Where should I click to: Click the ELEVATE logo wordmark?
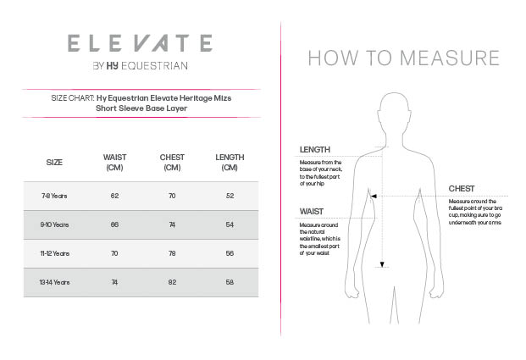[x=140, y=42]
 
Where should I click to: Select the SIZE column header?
[x=54, y=162]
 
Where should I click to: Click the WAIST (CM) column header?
[x=114, y=162]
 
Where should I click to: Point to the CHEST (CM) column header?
[x=172, y=162]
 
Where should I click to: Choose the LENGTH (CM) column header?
[x=230, y=162]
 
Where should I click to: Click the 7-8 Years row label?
[x=54, y=196]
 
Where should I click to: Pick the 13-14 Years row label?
[x=54, y=282]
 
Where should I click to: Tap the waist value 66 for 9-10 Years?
[x=114, y=224]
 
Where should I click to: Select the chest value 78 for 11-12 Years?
[x=172, y=253]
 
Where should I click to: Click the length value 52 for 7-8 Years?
[x=230, y=196]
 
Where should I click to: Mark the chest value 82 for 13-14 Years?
[x=172, y=282]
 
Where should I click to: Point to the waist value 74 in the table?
[x=114, y=282]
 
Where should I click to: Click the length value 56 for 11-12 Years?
[x=230, y=253]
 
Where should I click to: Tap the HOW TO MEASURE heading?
[x=403, y=58]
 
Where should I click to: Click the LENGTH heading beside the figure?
[x=315, y=150]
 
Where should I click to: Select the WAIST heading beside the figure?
[x=312, y=212]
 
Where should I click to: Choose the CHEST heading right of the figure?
[x=462, y=188]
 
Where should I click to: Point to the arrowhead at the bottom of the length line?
[x=382, y=265]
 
